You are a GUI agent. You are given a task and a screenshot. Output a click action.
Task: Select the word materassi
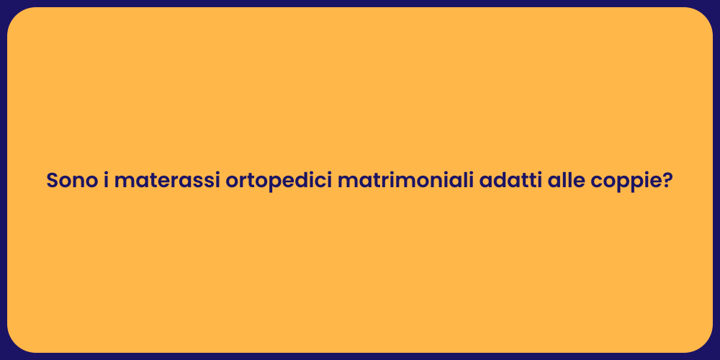tap(166, 181)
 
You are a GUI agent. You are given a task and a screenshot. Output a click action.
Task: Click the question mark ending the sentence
tap(667, 181)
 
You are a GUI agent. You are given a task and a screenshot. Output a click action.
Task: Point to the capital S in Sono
tap(53, 181)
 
